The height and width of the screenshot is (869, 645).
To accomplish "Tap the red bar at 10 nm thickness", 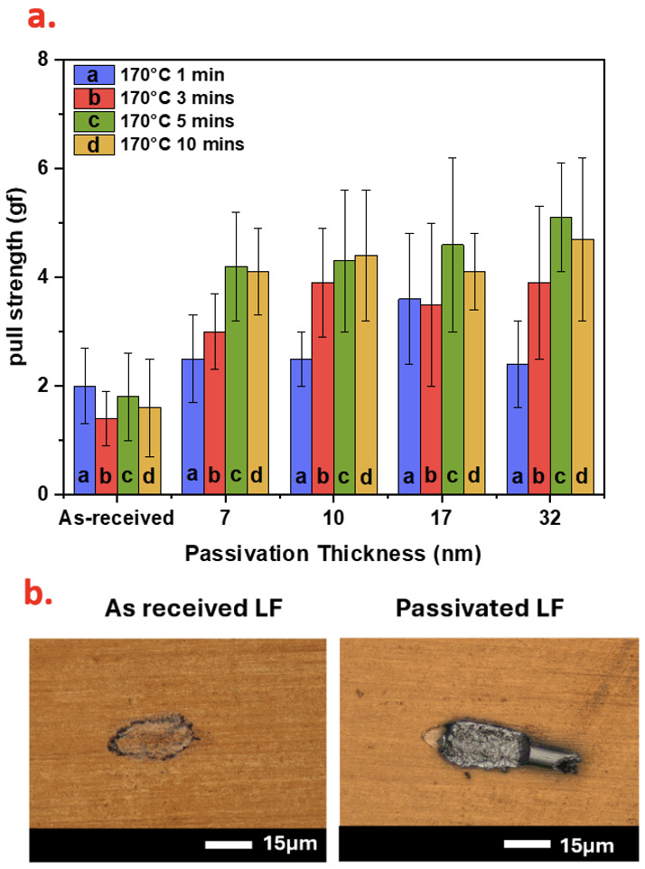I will pyautogui.click(x=322, y=388).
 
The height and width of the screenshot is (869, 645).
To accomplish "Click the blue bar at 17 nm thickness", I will pyautogui.click(x=409, y=397).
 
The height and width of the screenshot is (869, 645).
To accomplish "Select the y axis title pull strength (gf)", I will pyautogui.click(x=20, y=277).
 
